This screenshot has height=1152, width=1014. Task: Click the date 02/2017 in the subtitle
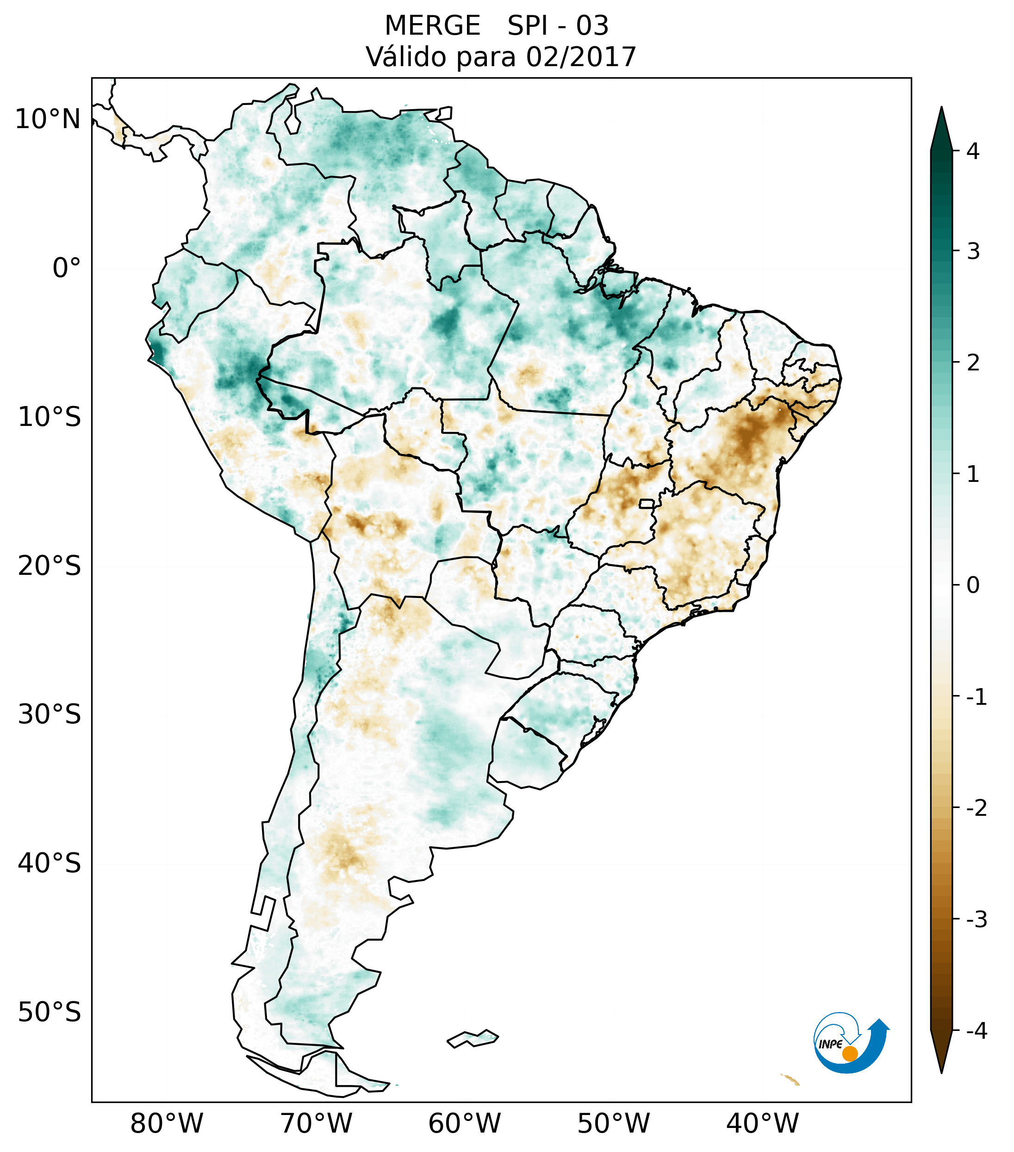(x=581, y=57)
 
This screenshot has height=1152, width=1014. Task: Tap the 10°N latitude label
(x=48, y=119)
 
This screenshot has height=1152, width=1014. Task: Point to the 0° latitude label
(x=67, y=268)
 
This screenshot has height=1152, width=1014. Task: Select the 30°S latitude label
(x=50, y=714)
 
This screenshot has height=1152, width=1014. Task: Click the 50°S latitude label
(x=50, y=1012)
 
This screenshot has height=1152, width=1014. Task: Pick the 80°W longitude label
(x=167, y=1123)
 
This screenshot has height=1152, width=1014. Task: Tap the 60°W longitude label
(x=465, y=1123)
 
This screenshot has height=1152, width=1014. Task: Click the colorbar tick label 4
(x=973, y=151)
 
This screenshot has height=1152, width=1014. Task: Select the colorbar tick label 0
(x=973, y=585)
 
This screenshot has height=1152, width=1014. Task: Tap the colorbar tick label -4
(x=976, y=1031)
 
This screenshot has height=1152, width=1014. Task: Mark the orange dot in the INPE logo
(x=850, y=1053)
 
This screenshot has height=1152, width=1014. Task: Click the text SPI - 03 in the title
(x=558, y=26)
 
